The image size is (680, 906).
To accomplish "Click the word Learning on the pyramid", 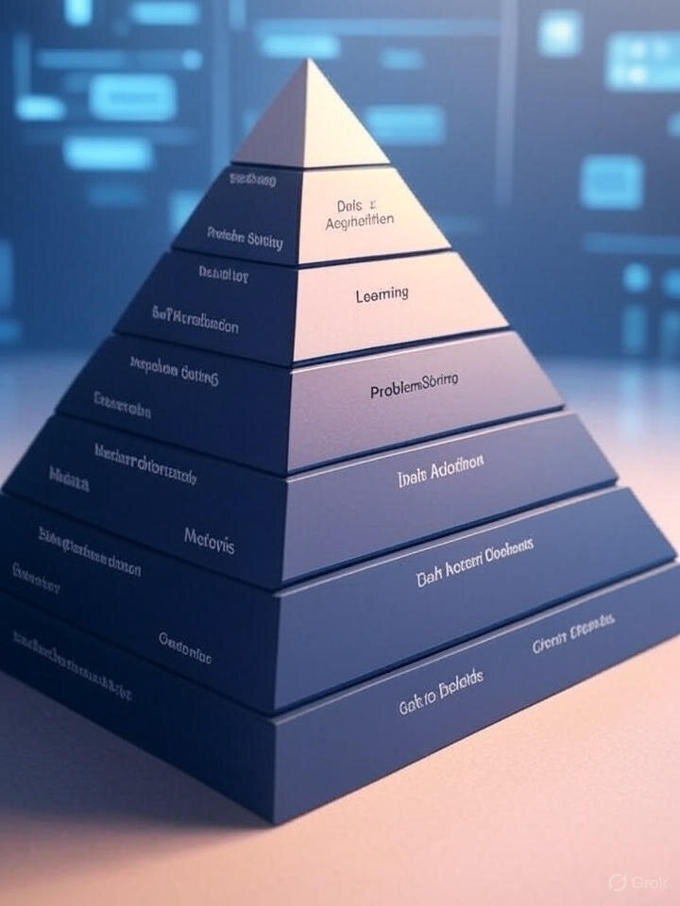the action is [382, 294].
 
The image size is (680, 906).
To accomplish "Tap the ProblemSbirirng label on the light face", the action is [415, 385].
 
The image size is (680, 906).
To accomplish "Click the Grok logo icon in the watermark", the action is [618, 882].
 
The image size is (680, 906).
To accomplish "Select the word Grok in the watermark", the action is [650, 882].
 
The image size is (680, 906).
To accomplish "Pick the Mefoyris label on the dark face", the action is [210, 541].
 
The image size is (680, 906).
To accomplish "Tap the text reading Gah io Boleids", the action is [440, 691].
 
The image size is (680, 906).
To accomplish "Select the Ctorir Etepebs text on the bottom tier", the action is [572, 632].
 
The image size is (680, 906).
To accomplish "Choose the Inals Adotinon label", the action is [441, 470].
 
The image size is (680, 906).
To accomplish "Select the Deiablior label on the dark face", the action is [224, 275].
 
